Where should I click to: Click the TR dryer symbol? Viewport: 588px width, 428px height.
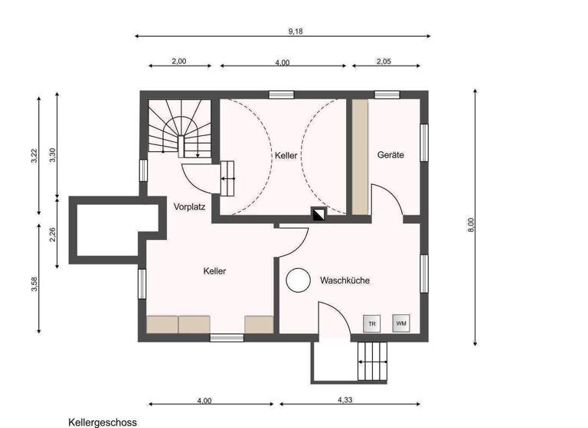coord(372,323)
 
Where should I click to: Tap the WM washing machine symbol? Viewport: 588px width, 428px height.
coord(401,323)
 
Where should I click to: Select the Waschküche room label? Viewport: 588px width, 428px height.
coord(345,280)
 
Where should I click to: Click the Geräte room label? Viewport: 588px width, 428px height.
coord(390,155)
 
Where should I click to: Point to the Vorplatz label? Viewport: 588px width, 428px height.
coord(189,207)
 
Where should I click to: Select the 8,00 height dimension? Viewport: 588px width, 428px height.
coord(472,222)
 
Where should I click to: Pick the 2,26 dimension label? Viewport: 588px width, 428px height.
coord(53,235)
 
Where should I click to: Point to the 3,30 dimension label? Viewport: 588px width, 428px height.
coord(53,154)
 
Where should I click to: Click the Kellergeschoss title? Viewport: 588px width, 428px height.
coord(103,421)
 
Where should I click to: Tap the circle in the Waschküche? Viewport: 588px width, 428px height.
coord(297,280)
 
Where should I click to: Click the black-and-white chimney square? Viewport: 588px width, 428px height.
coord(318,215)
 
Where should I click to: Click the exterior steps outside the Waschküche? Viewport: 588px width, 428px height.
coord(374,359)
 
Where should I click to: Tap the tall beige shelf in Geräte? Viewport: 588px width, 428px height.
coord(360,156)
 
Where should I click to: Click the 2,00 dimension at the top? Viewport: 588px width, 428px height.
coord(178,62)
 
